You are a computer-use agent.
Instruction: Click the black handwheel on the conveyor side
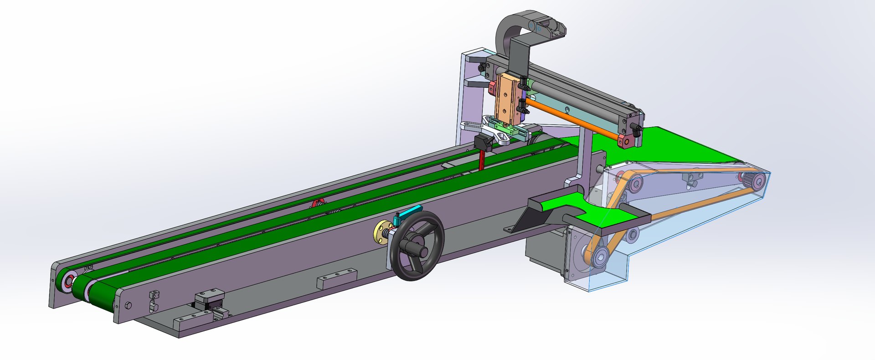(x=418, y=246)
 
